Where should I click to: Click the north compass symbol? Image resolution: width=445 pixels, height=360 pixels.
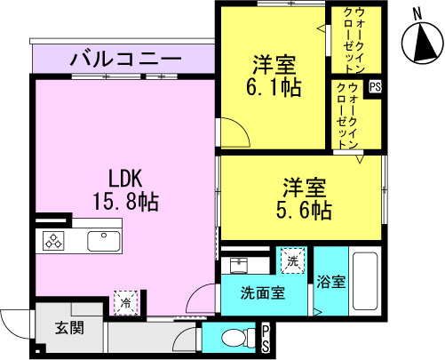click(x=423, y=43)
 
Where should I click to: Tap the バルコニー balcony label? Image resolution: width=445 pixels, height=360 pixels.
click(x=125, y=59)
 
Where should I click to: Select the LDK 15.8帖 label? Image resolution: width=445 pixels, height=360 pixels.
click(x=126, y=190)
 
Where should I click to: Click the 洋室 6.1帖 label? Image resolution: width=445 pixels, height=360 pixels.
click(x=274, y=76)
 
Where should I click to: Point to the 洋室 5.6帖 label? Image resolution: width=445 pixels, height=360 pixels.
click(x=304, y=198)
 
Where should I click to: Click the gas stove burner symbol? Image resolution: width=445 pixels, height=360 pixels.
click(x=53, y=240)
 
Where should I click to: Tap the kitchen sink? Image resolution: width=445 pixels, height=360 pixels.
click(x=104, y=241)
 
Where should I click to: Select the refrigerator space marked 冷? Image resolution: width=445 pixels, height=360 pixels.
click(x=126, y=302)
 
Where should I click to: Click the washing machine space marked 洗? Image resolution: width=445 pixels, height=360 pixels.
click(x=293, y=260)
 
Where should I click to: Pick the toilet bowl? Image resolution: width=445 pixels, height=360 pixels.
click(x=238, y=338)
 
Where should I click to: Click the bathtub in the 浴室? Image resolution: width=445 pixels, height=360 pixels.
click(x=365, y=281)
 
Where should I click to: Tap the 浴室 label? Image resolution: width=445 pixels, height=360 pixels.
click(x=331, y=282)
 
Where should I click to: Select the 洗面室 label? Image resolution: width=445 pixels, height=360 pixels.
click(x=263, y=293)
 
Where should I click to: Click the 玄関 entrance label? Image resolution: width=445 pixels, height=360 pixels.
click(x=69, y=328)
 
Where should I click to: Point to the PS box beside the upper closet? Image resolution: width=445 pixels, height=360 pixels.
click(x=375, y=87)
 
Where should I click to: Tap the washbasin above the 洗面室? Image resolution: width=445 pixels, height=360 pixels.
click(x=238, y=265)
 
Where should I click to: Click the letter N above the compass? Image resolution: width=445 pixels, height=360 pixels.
click(x=417, y=13)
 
